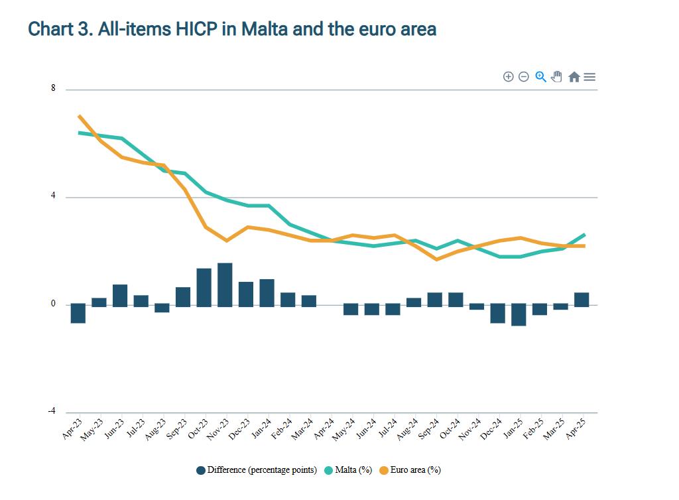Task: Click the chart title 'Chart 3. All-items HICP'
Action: [232, 29]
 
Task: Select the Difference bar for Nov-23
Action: [225, 284]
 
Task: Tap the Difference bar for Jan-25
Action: [519, 315]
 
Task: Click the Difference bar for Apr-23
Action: [78, 313]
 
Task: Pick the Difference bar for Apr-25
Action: [582, 299]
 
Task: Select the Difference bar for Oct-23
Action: [204, 287]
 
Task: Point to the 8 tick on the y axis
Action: [53, 89]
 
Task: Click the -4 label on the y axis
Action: [52, 411]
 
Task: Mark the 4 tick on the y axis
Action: [53, 196]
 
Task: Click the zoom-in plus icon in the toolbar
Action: [509, 77]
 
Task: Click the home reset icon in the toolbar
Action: [574, 77]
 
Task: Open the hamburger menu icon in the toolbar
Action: [589, 77]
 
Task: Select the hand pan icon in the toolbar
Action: [557, 77]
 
